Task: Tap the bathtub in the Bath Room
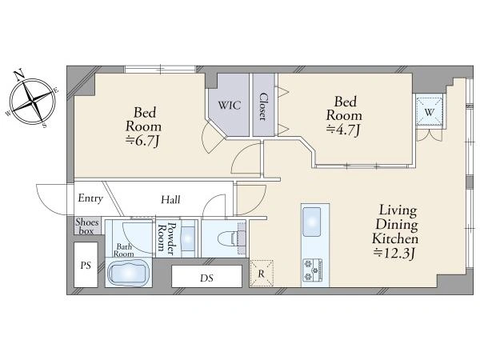(x=129, y=273)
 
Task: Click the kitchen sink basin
(x=311, y=222)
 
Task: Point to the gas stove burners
(x=312, y=270)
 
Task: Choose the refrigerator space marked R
(x=262, y=273)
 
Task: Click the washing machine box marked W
(x=430, y=111)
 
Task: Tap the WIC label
(x=230, y=106)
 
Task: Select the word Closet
(x=263, y=106)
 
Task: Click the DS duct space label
(x=206, y=278)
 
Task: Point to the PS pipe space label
(x=86, y=265)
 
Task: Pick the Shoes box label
(x=87, y=226)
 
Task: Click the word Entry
(x=90, y=198)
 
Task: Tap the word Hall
(x=170, y=200)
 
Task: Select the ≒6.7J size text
(x=143, y=141)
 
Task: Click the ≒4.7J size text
(x=343, y=130)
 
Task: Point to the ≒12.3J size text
(x=394, y=254)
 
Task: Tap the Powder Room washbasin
(x=188, y=236)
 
